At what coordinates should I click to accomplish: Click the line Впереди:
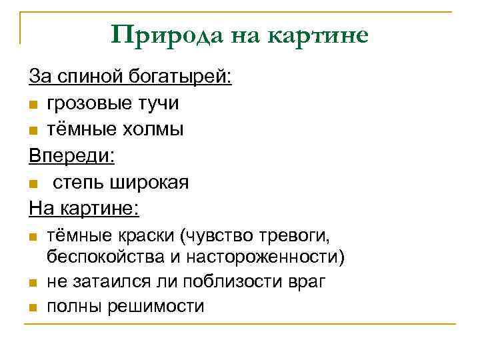(x=71, y=156)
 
